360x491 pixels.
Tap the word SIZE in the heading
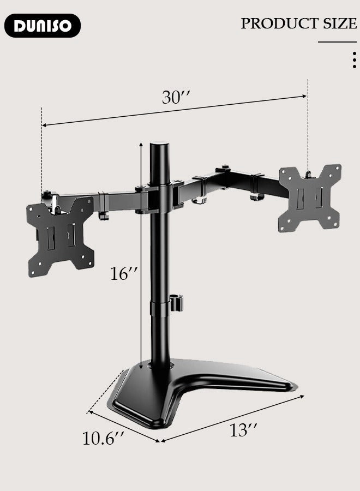[339, 23]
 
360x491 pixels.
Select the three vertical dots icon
[355, 59]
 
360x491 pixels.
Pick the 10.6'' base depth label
[104, 438]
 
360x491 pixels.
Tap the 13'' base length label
[243, 430]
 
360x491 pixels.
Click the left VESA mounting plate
[60, 235]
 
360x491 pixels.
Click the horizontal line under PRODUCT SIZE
[337, 42]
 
